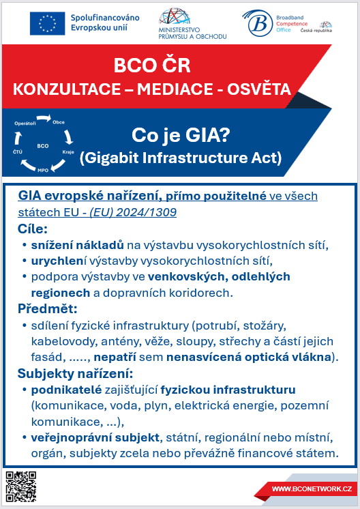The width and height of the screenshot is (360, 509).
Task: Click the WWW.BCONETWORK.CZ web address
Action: coord(312,489)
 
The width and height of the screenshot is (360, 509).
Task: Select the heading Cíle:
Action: coord(33,228)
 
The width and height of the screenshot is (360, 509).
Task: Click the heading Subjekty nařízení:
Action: coord(74,373)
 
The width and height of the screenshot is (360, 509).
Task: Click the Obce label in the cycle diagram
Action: coord(59,121)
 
